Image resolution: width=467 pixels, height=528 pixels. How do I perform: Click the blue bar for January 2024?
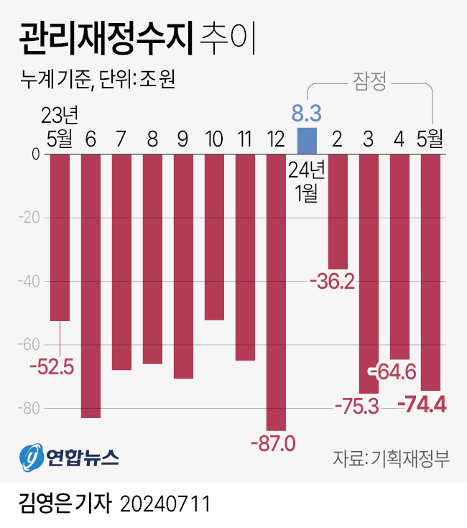[x=307, y=141]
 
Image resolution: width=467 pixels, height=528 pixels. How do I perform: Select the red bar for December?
[x=276, y=291]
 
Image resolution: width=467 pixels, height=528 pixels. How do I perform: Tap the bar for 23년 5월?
[x=60, y=237]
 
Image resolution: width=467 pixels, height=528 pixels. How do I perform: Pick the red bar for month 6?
[x=91, y=285]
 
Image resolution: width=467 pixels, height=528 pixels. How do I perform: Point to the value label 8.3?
[x=306, y=113]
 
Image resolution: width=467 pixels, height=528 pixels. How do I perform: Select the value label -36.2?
[x=333, y=282]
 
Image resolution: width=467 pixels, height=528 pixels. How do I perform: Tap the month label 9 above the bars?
[x=182, y=137]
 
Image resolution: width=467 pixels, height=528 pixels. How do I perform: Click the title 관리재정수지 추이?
[x=136, y=38]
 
